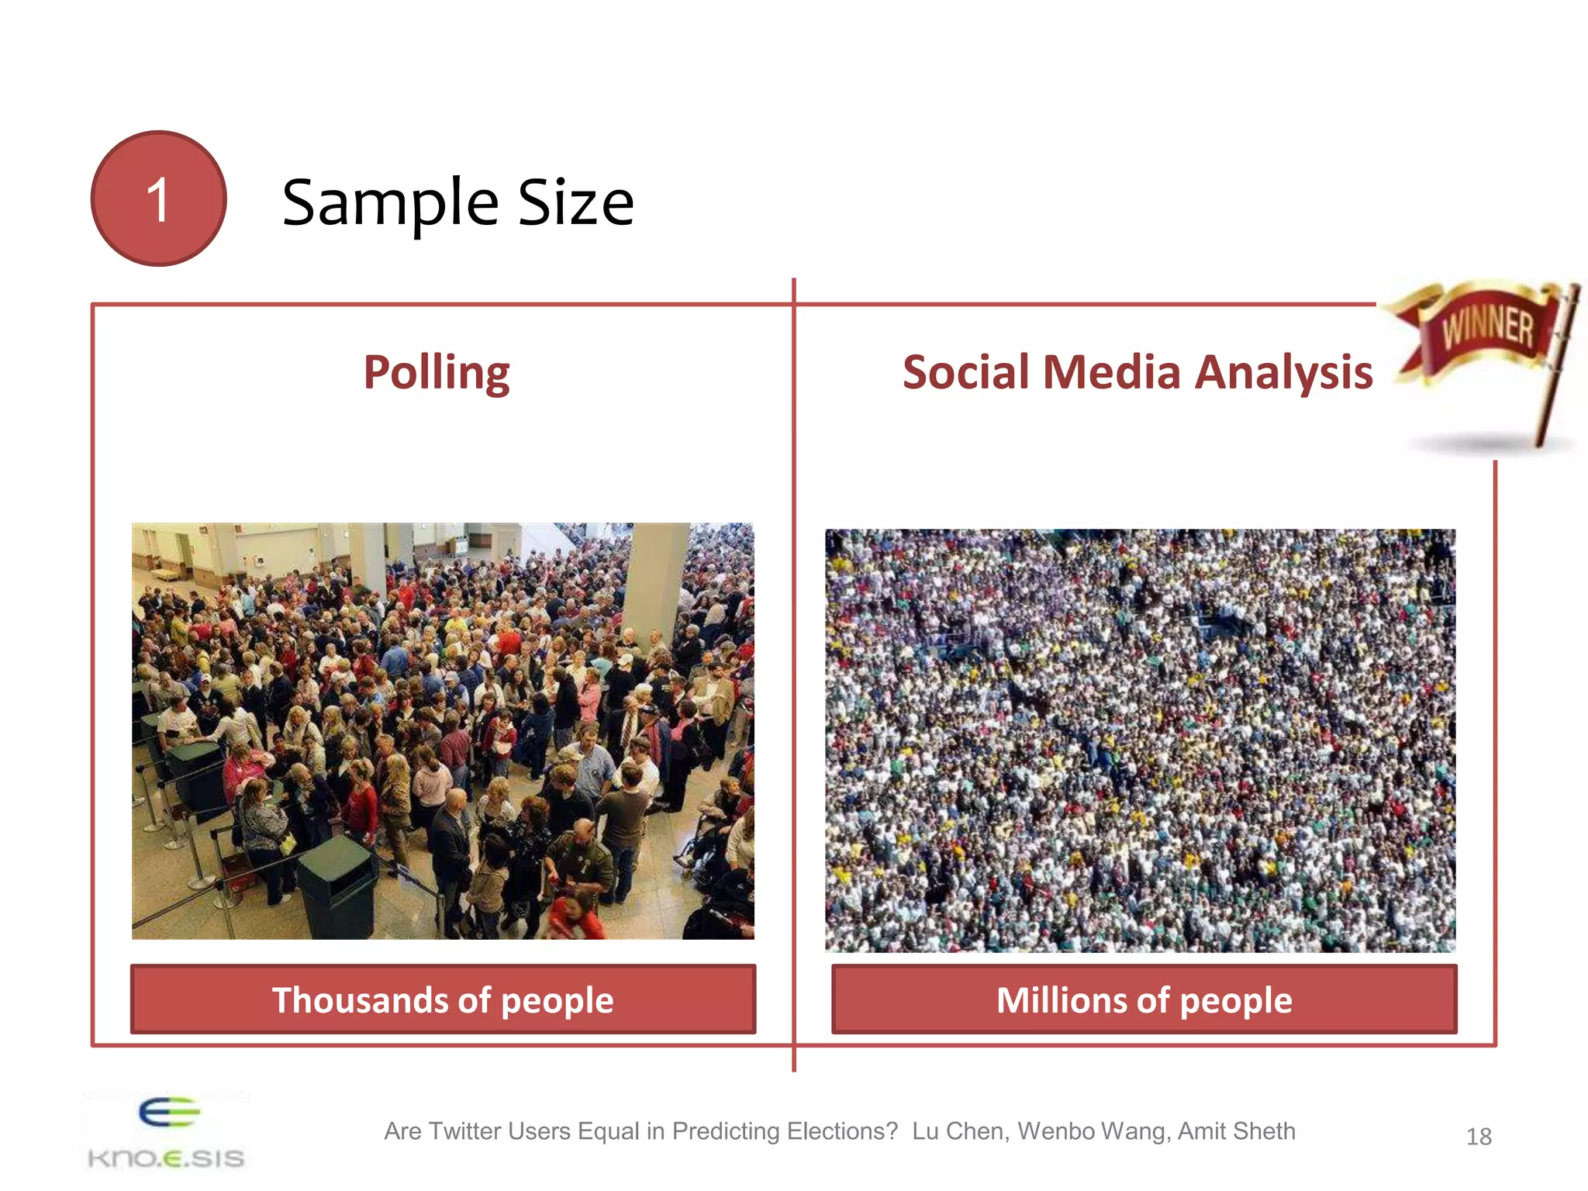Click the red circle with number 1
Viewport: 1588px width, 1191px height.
point(158,198)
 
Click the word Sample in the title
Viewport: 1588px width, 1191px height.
point(390,203)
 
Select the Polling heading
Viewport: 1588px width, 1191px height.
point(437,373)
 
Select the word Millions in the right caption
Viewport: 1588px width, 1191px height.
point(1058,1000)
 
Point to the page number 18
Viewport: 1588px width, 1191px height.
point(1479,1137)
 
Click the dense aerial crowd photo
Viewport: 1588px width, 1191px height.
point(1140,740)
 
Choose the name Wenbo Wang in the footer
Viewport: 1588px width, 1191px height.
point(1093,1131)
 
